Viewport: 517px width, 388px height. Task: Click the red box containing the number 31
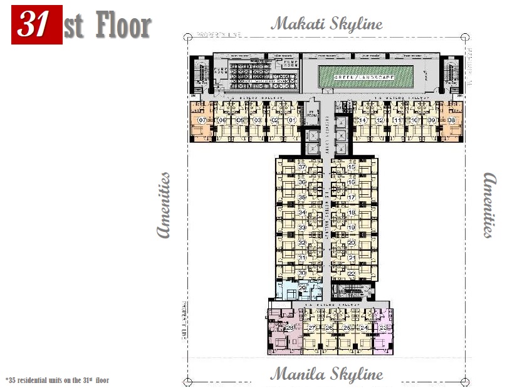pos(37,26)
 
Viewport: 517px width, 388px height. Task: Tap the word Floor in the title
pos(124,26)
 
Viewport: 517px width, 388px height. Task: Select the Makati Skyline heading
pos(326,24)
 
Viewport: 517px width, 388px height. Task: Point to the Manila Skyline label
pos(326,374)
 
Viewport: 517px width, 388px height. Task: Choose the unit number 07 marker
pos(202,120)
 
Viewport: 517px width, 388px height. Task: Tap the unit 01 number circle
pos(291,120)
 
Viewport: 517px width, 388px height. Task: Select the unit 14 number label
pos(362,120)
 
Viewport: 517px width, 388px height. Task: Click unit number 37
pos(301,167)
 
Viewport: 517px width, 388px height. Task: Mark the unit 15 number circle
pos(352,167)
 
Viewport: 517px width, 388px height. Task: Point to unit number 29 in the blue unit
pos(302,288)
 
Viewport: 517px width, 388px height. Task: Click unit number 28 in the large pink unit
pos(290,327)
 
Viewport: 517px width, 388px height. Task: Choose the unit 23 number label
pos(383,327)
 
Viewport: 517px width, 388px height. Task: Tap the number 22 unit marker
pos(352,273)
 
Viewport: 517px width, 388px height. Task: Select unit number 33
pos(302,227)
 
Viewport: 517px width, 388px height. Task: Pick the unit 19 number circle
pos(352,227)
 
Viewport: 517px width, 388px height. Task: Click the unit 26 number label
pos(329,327)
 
